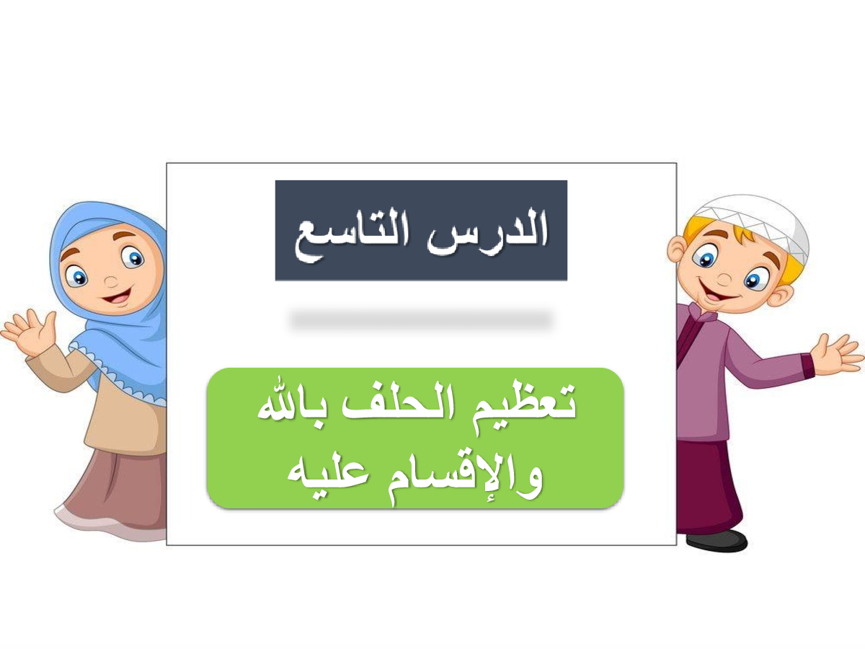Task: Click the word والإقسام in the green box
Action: (465, 478)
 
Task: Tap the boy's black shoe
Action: (717, 541)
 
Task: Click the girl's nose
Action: (111, 282)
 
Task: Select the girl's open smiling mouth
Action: (117, 296)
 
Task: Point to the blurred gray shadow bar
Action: (421, 319)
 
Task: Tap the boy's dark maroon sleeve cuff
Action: (808, 366)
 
